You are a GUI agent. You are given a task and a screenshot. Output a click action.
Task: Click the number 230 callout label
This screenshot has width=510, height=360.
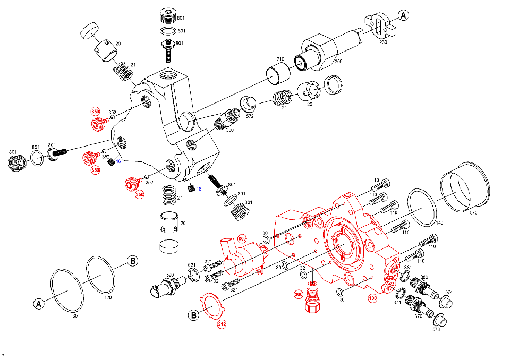coord(383,42)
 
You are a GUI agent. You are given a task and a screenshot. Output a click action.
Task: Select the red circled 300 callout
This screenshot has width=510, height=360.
coord(299,293)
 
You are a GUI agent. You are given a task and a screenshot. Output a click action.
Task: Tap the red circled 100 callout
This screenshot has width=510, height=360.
coord(372,299)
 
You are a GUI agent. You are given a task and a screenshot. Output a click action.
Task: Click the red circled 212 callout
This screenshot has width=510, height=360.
coord(222,323)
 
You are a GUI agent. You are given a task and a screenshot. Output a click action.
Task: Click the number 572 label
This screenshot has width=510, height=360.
coord(250,116)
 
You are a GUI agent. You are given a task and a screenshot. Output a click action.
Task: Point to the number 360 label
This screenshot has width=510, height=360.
coord(229,130)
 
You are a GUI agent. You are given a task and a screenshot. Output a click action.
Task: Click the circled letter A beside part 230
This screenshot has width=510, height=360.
coord(404,15)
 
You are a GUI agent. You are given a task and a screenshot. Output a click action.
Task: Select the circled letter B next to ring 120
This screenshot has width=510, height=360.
coord(132,261)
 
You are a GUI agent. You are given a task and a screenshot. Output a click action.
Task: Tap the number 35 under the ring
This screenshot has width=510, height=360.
coord(75,315)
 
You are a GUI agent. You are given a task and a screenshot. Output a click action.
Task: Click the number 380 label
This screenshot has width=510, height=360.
coord(424,277)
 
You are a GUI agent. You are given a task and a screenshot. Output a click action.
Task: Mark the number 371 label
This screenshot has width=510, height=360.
coord(397,302)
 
